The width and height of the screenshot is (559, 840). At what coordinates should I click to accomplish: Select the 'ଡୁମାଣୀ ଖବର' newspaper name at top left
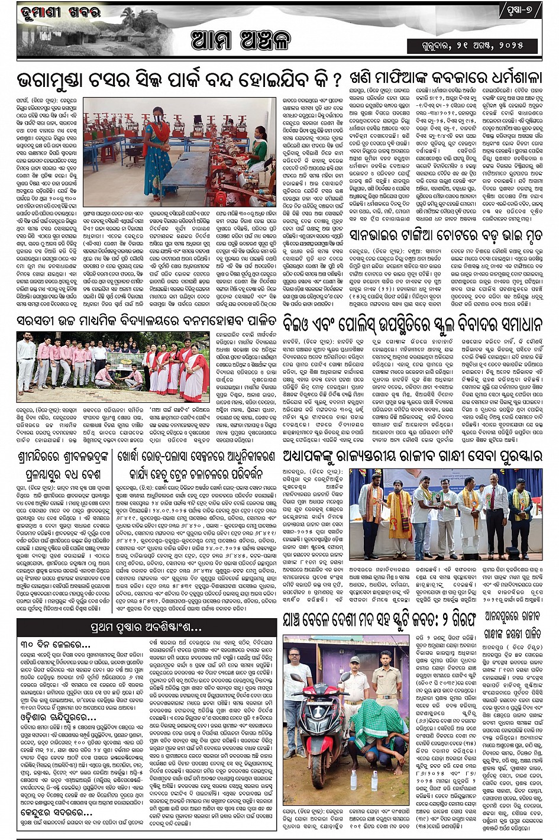60,12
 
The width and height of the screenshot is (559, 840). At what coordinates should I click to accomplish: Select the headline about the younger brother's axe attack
445,235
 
